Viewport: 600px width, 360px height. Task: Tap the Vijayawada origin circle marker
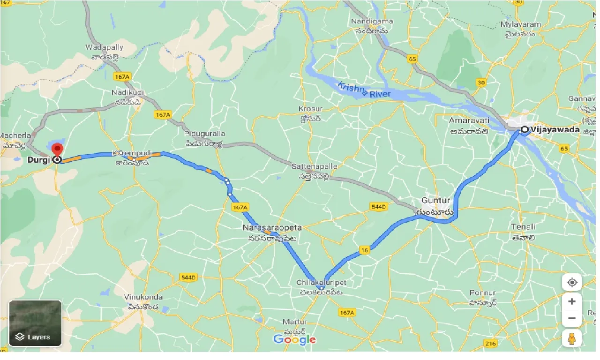(x=525, y=130)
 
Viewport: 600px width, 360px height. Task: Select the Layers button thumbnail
(x=35, y=323)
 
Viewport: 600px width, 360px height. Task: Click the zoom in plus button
(x=571, y=301)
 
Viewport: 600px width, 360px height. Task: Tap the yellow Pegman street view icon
(x=571, y=338)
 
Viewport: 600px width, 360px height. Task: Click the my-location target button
(x=571, y=283)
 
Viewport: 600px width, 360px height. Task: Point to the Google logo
(x=294, y=339)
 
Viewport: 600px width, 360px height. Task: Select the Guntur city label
(x=435, y=200)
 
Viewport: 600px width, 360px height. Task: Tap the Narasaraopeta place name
(x=272, y=227)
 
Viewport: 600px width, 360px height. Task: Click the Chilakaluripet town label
(x=321, y=283)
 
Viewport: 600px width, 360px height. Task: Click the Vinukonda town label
(x=143, y=297)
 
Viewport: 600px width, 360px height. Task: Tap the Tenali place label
(x=523, y=227)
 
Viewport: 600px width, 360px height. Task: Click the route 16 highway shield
(x=365, y=251)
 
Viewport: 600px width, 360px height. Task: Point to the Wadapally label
(x=104, y=47)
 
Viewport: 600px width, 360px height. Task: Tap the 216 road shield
(x=491, y=344)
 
